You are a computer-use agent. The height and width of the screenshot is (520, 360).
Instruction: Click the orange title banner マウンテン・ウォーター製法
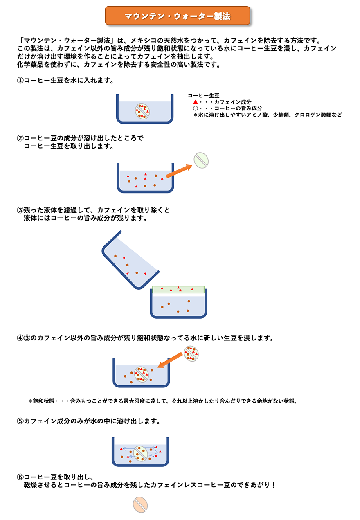coord(177,16)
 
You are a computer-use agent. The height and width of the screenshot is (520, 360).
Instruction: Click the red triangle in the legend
coord(196,102)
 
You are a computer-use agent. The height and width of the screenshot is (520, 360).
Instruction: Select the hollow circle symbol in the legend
coord(196,108)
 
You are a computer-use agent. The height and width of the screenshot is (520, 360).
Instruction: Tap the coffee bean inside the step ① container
coord(142,111)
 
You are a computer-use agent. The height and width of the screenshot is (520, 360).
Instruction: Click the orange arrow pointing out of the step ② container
coord(179,171)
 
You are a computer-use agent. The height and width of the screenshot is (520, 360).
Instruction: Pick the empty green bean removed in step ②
coord(201,160)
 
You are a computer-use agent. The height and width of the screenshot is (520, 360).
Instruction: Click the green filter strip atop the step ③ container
coord(178,290)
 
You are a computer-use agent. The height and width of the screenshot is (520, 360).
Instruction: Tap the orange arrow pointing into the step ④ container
coord(170,360)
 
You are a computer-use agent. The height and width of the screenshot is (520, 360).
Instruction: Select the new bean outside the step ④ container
coord(191,353)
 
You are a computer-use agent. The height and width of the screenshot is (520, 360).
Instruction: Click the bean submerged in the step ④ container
coord(142,374)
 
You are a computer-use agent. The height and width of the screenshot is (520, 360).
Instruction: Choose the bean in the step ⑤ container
coord(141,453)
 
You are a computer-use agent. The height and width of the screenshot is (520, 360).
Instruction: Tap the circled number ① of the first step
coord(20,80)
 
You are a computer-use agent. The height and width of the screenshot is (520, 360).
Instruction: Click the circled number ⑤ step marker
coord(20,421)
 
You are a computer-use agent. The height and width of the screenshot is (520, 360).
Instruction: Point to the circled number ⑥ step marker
coord(20,477)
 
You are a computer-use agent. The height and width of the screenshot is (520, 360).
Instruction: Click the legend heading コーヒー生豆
coord(203,95)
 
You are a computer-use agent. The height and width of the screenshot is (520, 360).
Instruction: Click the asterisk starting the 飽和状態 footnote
coord(30,401)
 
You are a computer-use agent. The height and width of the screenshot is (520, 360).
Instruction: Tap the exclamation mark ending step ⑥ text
coord(274,485)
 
